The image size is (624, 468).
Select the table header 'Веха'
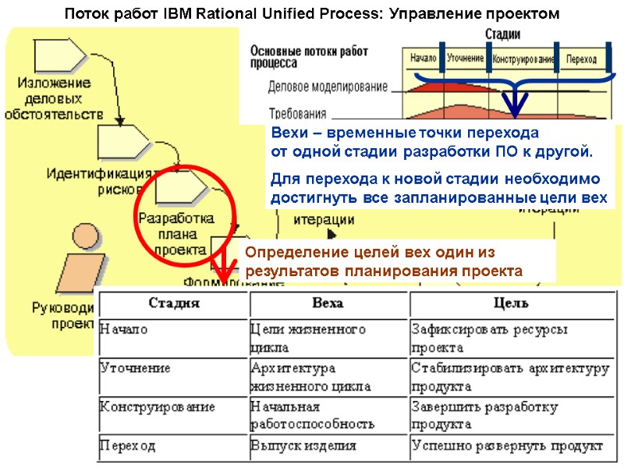pos(328,303)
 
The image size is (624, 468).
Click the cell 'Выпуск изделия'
pos(303,446)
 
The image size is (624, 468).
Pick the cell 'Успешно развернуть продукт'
pos(507,446)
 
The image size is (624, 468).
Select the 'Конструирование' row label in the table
pos(158,407)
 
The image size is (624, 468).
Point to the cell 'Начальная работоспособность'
pos(312,416)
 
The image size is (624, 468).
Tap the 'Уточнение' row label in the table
pos(136,368)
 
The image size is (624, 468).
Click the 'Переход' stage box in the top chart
pos(581,59)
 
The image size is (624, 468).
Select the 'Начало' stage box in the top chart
pos(422,59)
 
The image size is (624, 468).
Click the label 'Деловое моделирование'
pos(328,87)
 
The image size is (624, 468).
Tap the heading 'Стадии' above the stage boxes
pos(503,35)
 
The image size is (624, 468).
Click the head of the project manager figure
pos(83,238)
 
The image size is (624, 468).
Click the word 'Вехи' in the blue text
pos(285,131)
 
